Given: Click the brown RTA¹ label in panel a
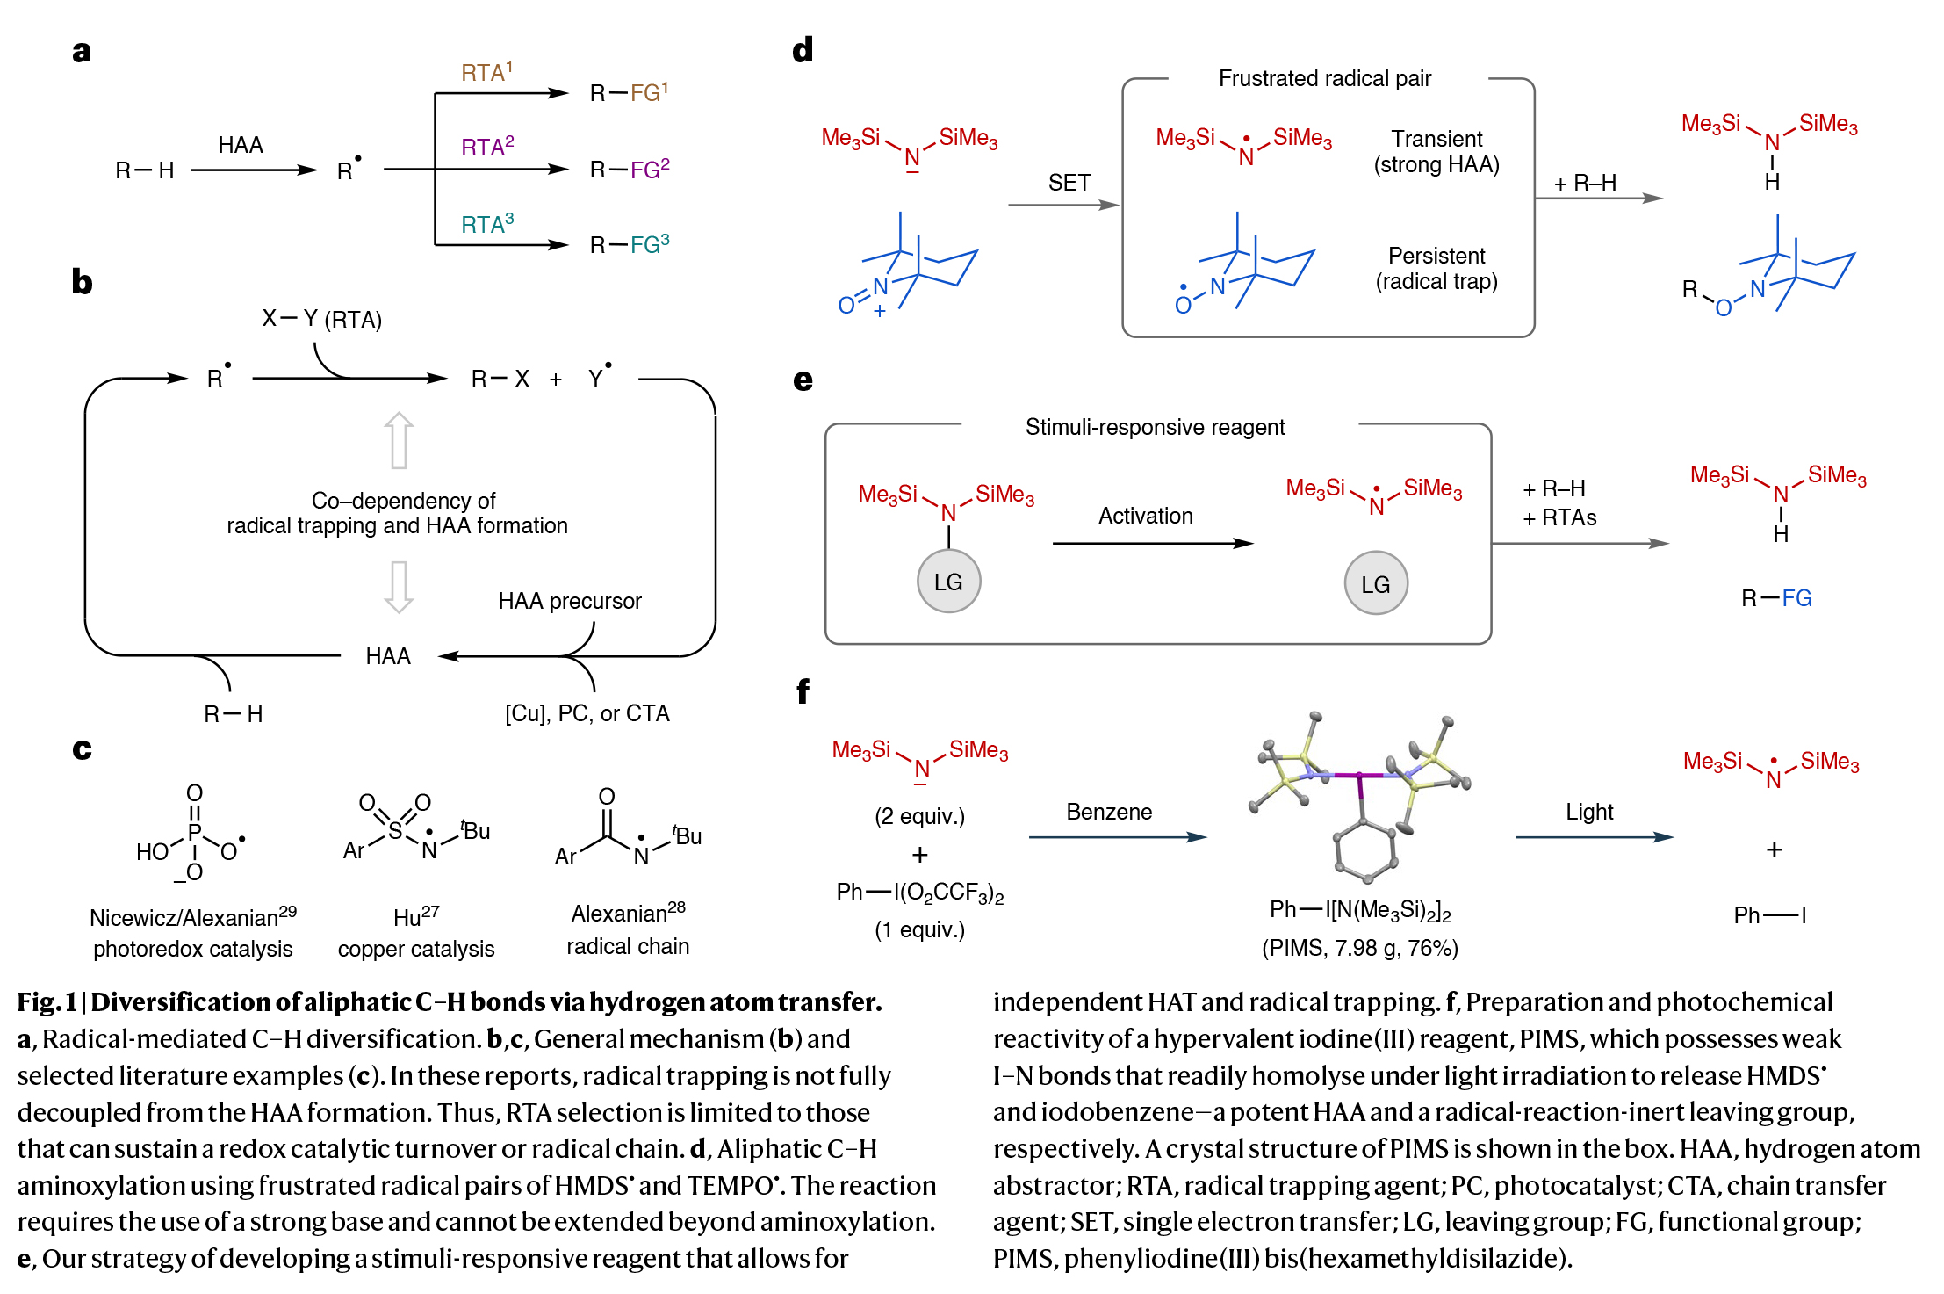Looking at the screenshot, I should (486, 72).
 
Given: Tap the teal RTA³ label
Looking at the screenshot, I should (487, 224).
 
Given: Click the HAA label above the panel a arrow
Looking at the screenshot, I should (240, 145).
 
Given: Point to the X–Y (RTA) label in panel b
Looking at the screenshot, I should (321, 319).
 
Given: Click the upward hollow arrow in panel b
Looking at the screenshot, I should (399, 440).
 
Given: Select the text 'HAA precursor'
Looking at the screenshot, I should (570, 601).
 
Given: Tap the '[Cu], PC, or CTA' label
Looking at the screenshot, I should (587, 713).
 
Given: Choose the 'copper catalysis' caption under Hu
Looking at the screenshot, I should (416, 949).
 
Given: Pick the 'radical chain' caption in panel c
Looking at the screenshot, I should (628, 946).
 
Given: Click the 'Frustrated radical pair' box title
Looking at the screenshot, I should (1324, 79).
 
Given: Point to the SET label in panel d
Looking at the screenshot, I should (1069, 183).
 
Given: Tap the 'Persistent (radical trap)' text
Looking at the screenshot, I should (1436, 268).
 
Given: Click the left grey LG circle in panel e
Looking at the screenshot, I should (948, 582).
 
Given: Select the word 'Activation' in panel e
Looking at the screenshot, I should (1145, 516).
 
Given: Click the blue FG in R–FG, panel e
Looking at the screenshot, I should (1796, 598).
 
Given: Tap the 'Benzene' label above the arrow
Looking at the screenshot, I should (1109, 812).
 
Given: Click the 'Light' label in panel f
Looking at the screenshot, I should (1589, 812).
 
